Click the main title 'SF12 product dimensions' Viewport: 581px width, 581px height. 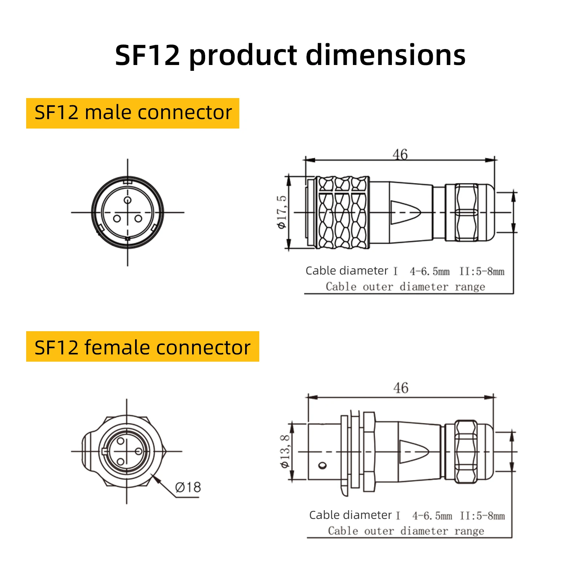pyautogui.click(x=290, y=55)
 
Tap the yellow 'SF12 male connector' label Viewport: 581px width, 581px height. pyautogui.click(x=133, y=113)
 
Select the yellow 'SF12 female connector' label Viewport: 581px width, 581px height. pyautogui.click(x=143, y=346)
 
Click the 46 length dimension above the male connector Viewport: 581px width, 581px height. pyautogui.click(x=400, y=154)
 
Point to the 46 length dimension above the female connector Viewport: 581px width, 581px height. pyautogui.click(x=401, y=388)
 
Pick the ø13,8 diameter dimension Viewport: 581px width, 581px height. pyautogui.click(x=285, y=451)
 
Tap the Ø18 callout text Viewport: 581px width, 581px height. pyautogui.click(x=188, y=487)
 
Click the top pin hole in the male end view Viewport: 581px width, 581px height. pyautogui.click(x=127, y=200)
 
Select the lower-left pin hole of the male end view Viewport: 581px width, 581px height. pyautogui.click(x=117, y=219)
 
